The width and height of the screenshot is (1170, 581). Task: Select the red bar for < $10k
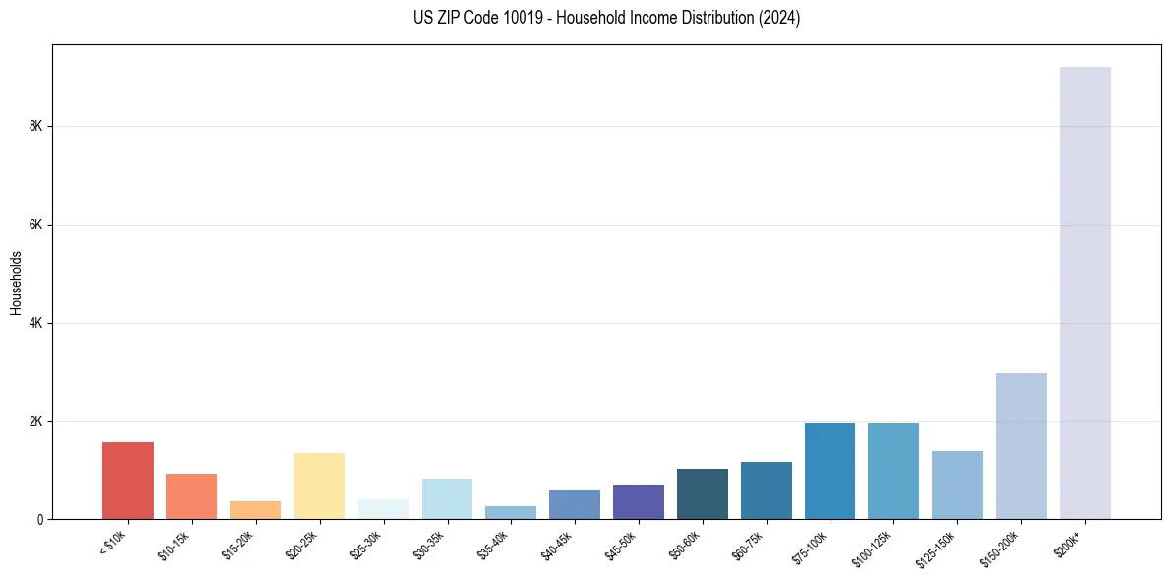coord(128,481)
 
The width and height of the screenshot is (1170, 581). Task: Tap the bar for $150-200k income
coord(1020,446)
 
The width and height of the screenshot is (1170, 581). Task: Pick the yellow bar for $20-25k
coord(320,485)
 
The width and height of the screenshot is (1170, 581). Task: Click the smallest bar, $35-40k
coord(511,512)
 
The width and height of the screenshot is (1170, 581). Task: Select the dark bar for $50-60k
coord(702,493)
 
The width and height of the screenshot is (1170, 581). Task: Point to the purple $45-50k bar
coord(638,502)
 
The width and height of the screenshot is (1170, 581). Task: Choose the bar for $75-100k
coord(830,471)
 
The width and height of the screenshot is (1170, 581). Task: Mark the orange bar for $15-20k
coord(256,510)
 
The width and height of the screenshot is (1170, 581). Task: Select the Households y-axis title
coord(16,283)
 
